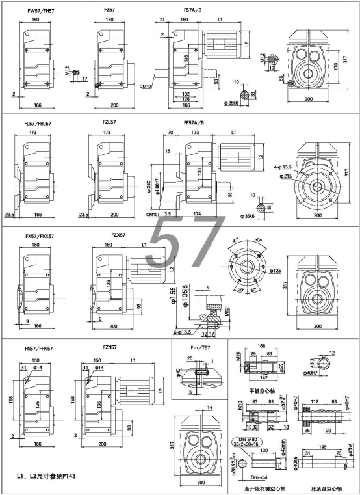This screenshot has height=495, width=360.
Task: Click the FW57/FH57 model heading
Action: click(41, 11)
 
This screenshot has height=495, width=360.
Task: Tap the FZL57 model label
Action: click(109, 122)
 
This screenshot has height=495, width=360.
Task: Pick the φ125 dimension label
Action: click(275, 270)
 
